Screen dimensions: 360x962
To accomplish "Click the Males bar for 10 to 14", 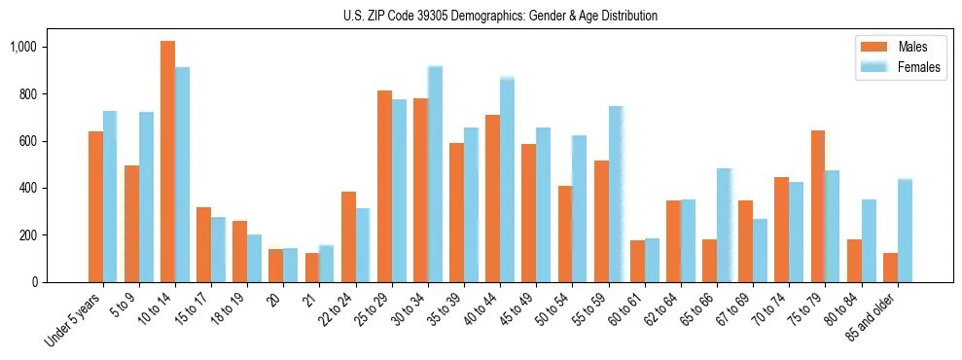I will [x=167, y=162].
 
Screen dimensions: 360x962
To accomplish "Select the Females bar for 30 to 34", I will [x=435, y=174].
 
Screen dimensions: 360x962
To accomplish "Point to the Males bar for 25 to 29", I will [x=384, y=186].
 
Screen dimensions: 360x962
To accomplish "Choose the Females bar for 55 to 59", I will [x=616, y=195].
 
